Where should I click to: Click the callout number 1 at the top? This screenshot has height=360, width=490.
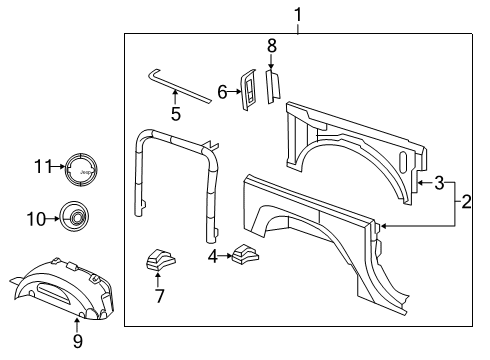(297, 14)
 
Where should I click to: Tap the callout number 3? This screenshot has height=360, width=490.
(439, 183)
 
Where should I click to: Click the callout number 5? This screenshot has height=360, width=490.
(175, 114)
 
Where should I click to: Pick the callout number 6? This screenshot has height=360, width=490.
(222, 92)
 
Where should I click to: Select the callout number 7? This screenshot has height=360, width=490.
(156, 295)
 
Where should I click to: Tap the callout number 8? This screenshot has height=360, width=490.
(270, 46)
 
